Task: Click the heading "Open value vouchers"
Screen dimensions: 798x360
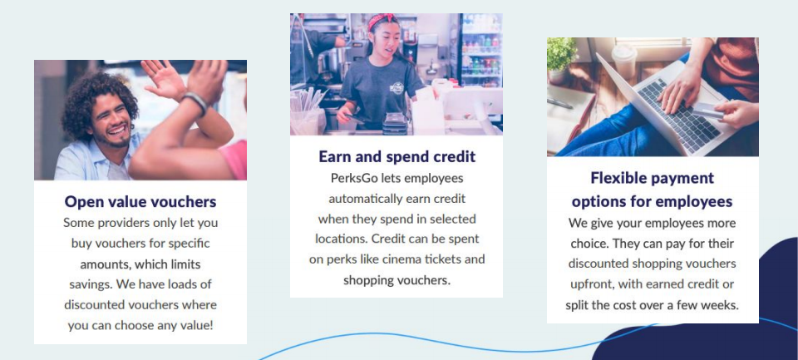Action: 140,202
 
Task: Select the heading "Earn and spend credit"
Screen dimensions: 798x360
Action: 397,156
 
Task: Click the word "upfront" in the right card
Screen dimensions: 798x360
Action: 591,284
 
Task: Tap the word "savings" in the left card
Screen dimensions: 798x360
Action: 91,284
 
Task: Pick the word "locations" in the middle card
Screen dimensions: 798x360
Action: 341,239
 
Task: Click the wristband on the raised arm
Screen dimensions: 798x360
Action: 196,101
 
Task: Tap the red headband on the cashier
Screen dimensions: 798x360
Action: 381,20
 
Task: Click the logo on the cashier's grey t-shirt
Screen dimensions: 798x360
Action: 397,88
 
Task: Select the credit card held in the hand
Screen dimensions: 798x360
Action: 707,111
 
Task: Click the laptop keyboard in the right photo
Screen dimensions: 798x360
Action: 679,116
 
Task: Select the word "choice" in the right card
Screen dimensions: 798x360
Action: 589,244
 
